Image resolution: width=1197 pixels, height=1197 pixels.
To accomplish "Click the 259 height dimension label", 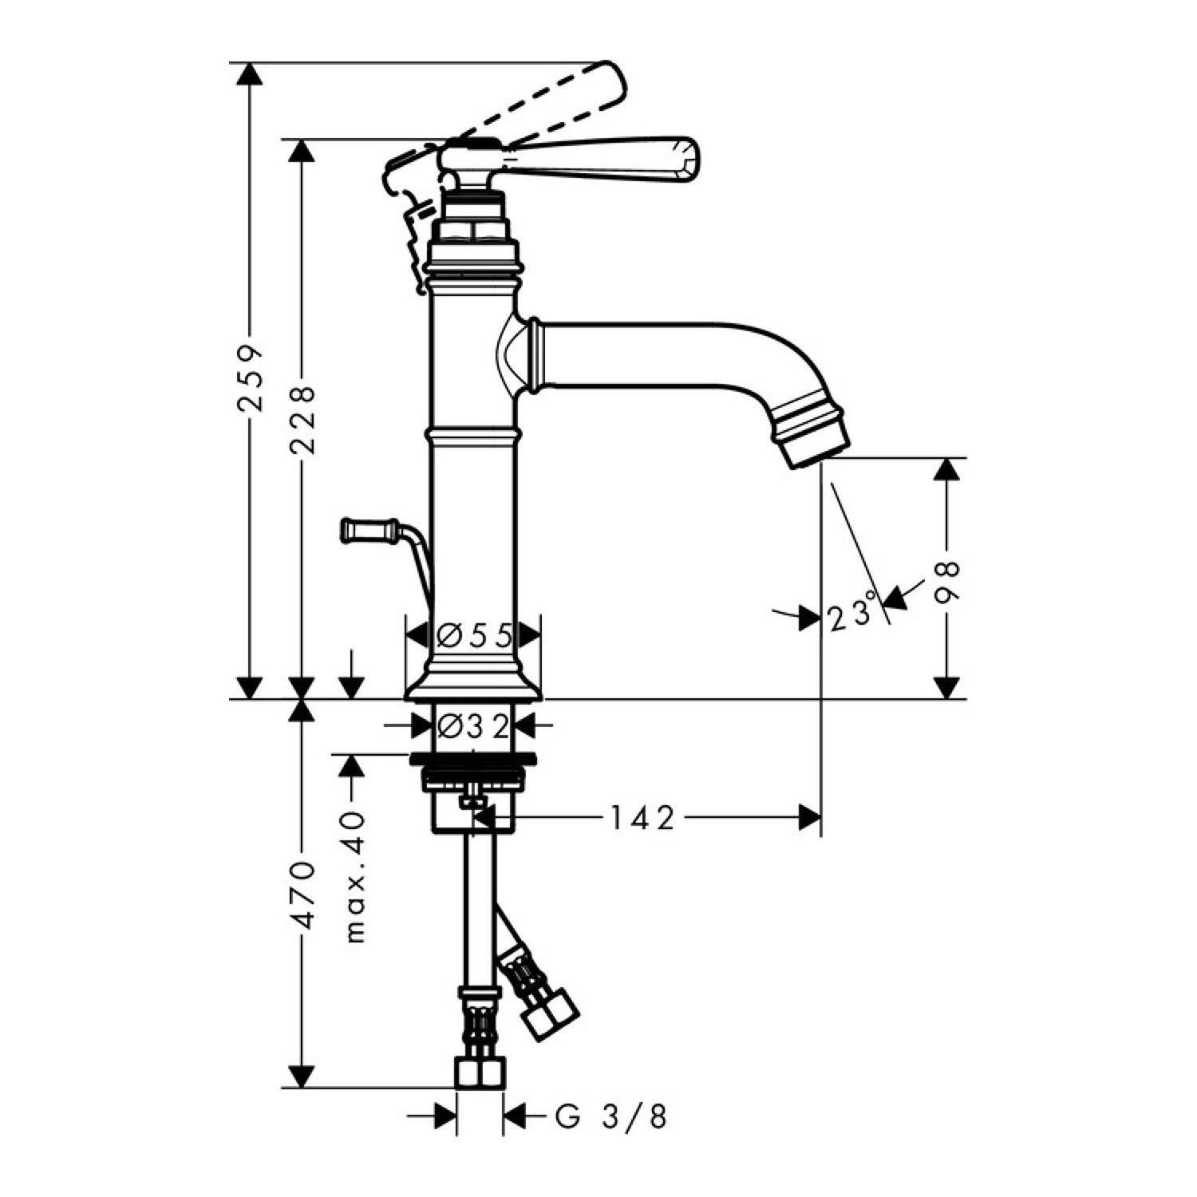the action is point(251,377).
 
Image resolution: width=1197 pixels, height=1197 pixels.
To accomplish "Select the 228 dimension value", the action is point(302,421).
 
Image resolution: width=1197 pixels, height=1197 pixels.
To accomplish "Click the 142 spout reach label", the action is point(642,818).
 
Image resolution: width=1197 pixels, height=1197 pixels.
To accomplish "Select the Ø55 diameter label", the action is point(474,636).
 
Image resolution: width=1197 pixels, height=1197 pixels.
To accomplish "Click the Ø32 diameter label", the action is point(474,725).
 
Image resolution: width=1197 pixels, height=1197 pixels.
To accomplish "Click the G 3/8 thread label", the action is point(611,1117).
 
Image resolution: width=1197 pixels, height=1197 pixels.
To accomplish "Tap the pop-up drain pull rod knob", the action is point(369,530).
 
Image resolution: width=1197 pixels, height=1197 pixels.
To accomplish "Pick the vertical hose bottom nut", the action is point(480,1073).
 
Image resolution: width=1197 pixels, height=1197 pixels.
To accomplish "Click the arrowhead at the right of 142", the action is point(810,818).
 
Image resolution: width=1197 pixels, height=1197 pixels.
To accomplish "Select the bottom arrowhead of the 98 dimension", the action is point(946,688).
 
